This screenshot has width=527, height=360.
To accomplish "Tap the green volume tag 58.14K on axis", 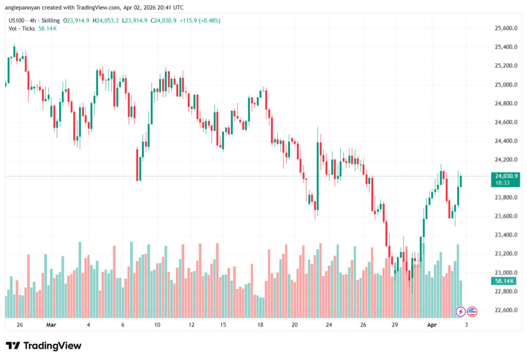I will point(504,281).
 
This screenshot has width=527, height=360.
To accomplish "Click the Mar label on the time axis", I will point(51,325).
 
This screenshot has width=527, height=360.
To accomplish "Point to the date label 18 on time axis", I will point(260,325).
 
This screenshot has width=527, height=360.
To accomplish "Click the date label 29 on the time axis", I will point(395,325).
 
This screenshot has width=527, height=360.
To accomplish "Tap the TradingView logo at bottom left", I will point(43,346).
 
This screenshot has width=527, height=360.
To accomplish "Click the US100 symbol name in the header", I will point(17,20).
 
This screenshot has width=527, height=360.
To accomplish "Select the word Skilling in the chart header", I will point(49,20).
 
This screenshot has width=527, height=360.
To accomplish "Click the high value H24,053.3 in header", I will point(106,20).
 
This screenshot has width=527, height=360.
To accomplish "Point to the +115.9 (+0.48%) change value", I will point(204,20).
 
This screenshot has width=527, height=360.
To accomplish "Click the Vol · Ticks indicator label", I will point(22,28).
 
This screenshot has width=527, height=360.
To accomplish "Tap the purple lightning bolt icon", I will point(461,311).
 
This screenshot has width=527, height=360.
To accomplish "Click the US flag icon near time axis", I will point(472,311).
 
